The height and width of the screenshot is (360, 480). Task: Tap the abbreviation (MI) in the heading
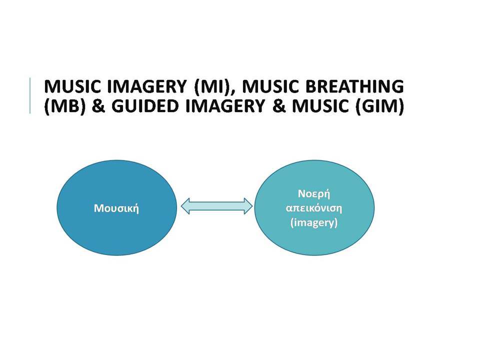point(213,87)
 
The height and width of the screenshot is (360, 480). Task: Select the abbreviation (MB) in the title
point(64,106)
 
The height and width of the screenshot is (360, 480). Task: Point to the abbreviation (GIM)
point(379,106)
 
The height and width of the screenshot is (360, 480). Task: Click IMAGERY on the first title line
point(147,86)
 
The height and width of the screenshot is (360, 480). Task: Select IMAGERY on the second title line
point(225,106)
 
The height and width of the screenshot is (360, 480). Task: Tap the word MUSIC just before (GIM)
point(320,106)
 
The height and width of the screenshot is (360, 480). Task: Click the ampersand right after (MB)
point(98,106)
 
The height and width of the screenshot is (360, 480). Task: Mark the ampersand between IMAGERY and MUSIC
point(278,106)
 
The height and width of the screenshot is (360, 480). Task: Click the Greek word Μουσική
point(116,208)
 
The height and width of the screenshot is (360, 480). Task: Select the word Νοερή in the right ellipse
point(314,194)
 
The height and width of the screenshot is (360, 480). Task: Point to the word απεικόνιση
point(314,208)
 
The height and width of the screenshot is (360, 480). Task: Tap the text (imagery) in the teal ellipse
point(314,222)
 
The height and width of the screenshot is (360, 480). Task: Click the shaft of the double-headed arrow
point(216,206)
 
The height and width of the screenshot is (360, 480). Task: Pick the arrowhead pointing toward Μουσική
point(185,206)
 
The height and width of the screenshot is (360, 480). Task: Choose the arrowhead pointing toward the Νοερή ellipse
point(248,206)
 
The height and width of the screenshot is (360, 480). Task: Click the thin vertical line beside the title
point(30,96)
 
